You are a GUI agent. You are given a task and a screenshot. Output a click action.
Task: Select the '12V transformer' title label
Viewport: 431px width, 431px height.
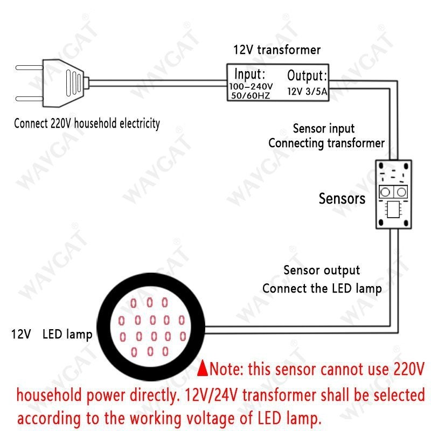[x=276, y=50]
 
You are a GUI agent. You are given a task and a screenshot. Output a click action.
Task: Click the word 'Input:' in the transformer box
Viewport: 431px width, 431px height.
[x=249, y=73]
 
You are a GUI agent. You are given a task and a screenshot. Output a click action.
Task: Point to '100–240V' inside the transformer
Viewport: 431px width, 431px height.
[x=251, y=86]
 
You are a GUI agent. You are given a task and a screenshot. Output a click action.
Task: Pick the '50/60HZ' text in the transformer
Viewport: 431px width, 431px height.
[x=250, y=95]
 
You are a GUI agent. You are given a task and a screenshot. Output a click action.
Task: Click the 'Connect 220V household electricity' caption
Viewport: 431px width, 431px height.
[x=87, y=123]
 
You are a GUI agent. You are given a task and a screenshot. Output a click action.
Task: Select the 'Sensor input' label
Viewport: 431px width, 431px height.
[x=323, y=129]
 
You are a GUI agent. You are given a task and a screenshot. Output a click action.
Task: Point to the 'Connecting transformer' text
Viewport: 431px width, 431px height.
[x=326, y=143]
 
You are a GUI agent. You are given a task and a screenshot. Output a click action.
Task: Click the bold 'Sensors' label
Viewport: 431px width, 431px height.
[x=342, y=198]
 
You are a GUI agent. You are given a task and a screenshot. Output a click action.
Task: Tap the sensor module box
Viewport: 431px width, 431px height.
[x=393, y=194]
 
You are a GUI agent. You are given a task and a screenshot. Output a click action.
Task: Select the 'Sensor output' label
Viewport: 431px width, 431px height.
[x=322, y=270]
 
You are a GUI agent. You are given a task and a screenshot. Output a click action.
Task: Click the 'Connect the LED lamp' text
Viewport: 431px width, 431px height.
[x=322, y=288]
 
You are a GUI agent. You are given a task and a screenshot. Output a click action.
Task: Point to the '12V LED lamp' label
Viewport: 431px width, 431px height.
[x=52, y=334]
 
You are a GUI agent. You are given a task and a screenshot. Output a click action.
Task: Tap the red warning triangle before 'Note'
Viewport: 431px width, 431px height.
[x=203, y=369]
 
